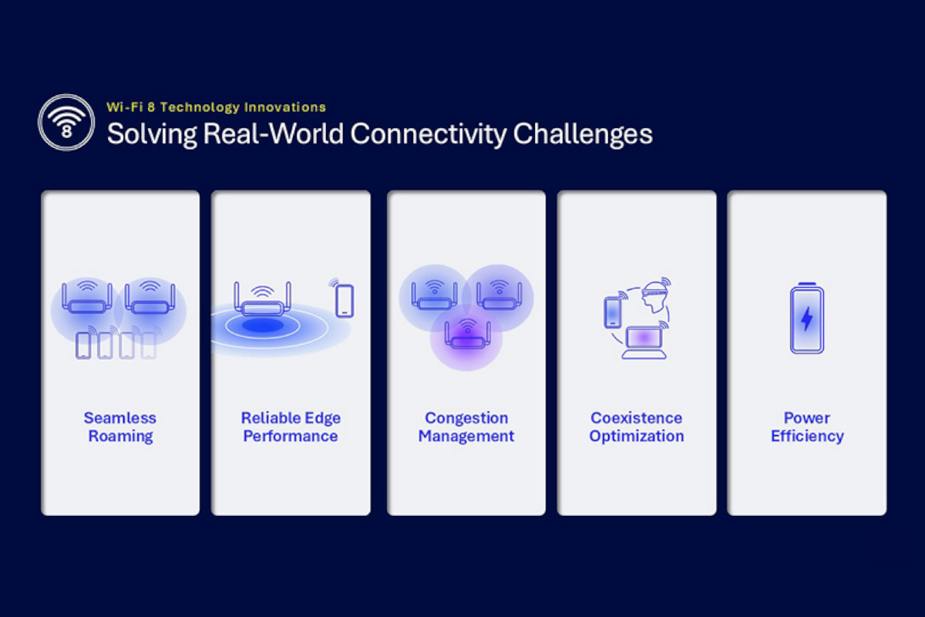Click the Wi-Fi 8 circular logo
point(66,123)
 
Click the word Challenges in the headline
point(583,135)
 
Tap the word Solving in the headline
point(152,135)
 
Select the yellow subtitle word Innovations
point(285,107)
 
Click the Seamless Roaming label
point(120,427)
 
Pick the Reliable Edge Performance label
point(291,427)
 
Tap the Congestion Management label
point(466,427)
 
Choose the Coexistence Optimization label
point(637,427)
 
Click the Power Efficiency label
point(807,427)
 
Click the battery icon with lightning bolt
point(807,318)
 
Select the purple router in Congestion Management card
point(467,335)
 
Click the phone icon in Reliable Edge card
point(345,301)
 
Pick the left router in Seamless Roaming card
point(86,297)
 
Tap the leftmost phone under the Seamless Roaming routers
point(83,346)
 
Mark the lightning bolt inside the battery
point(807,319)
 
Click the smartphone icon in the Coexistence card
point(612,312)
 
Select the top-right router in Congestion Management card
point(499,295)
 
